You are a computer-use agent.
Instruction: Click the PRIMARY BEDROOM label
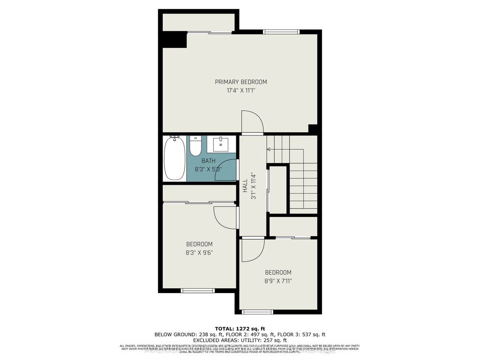(x=240, y=82)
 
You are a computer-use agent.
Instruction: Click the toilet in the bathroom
(x=195, y=146)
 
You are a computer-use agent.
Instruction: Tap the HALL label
(x=245, y=187)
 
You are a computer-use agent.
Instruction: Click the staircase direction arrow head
(x=269, y=150)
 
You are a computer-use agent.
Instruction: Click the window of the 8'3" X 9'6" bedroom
(x=198, y=290)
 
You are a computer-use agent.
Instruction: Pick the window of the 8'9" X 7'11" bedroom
(x=257, y=312)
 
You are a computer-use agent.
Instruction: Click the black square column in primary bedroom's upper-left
(x=174, y=39)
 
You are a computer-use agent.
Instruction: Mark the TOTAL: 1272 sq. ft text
(x=240, y=328)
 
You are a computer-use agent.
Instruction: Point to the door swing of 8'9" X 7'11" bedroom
(x=253, y=249)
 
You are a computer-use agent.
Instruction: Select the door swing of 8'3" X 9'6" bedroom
(x=225, y=217)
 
